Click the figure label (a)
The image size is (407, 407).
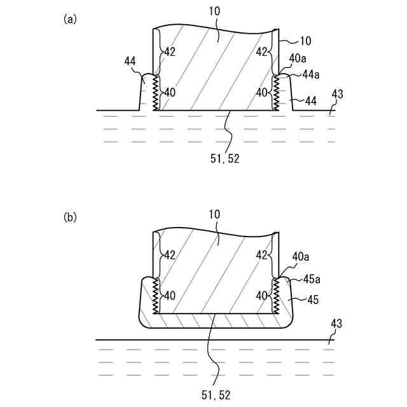70,19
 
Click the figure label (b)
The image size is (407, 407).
70,217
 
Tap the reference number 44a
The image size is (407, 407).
310,75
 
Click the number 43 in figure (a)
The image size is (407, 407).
337,95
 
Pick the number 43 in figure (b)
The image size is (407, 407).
336,324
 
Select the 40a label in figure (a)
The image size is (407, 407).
298,58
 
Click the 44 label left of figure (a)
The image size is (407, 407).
130,61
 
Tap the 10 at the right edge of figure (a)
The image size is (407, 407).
305,41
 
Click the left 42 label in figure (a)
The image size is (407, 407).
170,52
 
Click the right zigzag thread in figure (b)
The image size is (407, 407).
276,294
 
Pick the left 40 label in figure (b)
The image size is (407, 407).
170,295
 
